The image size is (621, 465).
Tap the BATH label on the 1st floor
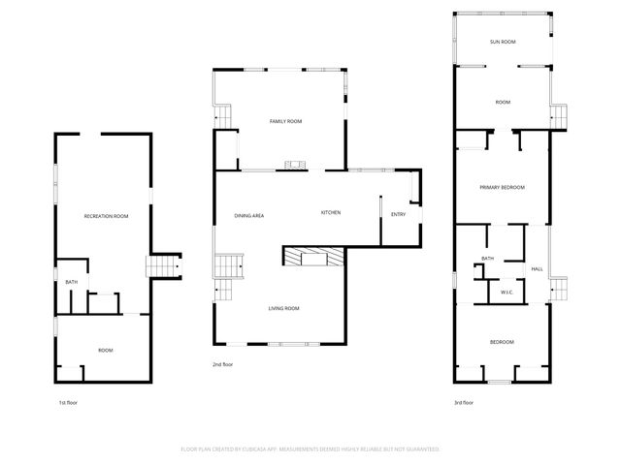[71, 282]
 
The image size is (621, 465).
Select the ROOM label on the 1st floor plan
[106, 350]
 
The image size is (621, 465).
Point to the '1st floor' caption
[69, 402]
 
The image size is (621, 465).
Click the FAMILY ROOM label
[285, 121]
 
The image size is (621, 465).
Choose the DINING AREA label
[249, 214]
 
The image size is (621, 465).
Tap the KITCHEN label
[331, 213]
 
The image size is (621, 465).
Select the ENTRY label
[398, 214]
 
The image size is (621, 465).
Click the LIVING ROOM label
[283, 308]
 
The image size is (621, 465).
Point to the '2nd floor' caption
[223, 364]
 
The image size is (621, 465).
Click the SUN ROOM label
[502, 43]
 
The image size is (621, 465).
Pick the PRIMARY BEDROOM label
[502, 187]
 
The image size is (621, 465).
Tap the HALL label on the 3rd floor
[536, 268]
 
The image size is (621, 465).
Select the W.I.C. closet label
[507, 292]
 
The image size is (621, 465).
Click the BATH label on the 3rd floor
[487, 259]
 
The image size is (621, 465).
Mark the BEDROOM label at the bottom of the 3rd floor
[502, 342]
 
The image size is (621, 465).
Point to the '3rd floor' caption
[464, 402]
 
